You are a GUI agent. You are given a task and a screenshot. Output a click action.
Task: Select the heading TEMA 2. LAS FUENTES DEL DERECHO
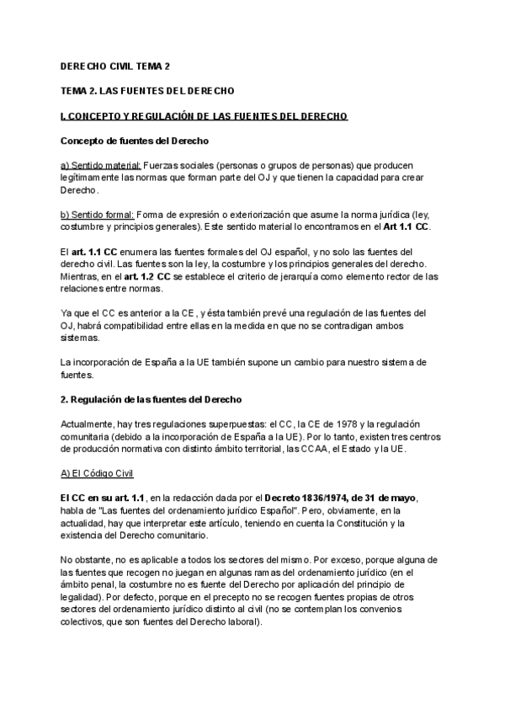[147, 90]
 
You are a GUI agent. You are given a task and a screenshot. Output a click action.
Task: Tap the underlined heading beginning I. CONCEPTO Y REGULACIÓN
[205, 115]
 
